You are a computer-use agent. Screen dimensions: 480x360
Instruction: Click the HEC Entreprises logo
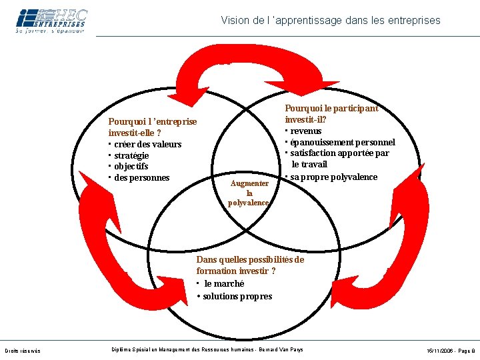point(51,21)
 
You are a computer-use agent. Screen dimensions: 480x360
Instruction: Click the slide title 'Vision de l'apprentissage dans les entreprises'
point(331,21)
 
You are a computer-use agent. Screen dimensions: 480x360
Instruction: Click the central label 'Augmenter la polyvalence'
point(249,193)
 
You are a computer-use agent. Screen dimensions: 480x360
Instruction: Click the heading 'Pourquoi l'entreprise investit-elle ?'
point(153,127)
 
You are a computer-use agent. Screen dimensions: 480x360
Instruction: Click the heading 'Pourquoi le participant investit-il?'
point(331,113)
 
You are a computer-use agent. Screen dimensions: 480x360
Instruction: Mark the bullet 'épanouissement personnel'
point(342,142)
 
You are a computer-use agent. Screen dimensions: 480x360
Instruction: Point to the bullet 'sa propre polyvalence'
point(333,177)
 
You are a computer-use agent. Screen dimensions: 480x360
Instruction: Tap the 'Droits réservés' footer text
point(22,351)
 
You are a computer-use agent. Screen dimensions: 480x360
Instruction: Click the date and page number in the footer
point(451,351)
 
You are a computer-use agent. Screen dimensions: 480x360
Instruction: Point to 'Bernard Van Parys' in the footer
point(281,350)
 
